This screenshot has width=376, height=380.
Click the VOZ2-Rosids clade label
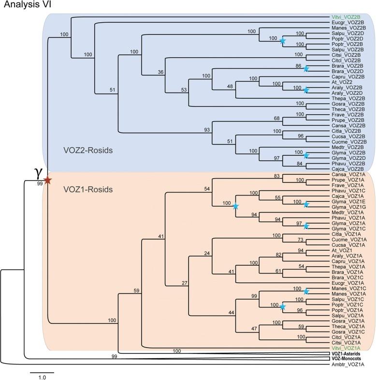coord(88,151)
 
